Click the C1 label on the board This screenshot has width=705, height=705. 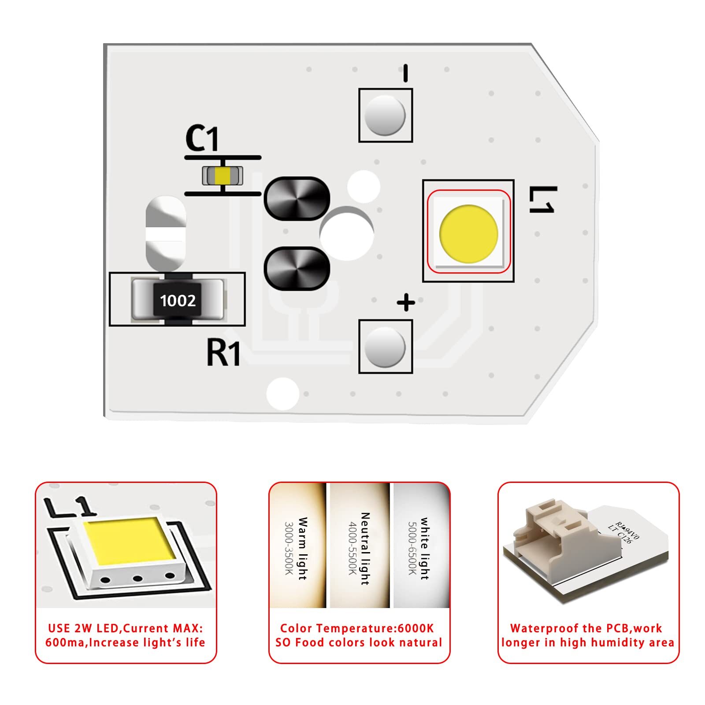click(x=202, y=138)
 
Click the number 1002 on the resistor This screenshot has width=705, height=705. click(x=178, y=301)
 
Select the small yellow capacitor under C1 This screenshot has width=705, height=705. click(x=223, y=176)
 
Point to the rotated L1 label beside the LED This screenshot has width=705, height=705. click(x=542, y=200)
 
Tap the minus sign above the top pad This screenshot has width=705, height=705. click(x=405, y=73)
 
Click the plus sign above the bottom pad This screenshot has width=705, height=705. click(x=406, y=303)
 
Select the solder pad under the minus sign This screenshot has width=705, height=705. click(x=385, y=115)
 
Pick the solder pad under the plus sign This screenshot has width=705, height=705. click(x=385, y=346)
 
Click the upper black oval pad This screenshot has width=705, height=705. click(x=297, y=199)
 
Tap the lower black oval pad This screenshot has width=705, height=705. click(x=297, y=268)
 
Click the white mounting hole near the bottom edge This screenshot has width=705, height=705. click(x=283, y=393)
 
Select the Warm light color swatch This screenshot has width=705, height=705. click(x=298, y=545)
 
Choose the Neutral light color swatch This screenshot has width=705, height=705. click(x=360, y=545)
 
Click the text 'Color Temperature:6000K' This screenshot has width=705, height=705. click(x=357, y=628)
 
